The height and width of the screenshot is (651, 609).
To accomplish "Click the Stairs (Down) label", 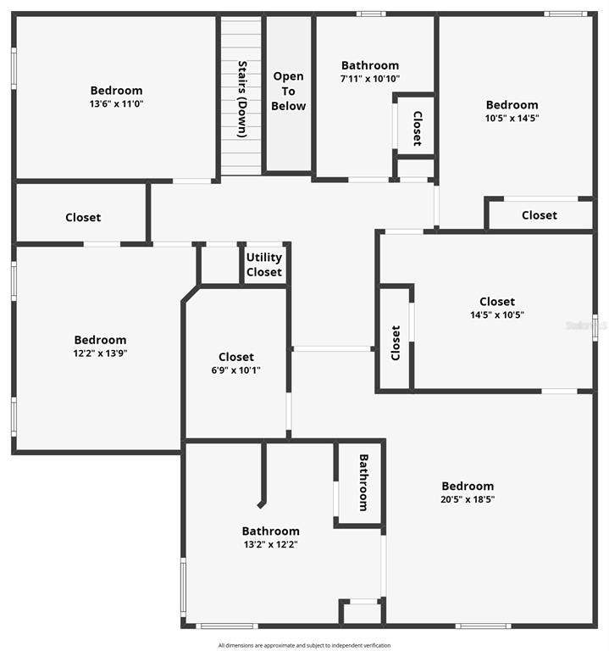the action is click(x=242, y=99).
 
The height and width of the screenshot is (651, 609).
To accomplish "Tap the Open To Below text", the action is click(x=288, y=91).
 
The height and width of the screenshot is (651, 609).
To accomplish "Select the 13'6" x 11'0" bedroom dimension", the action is click(x=117, y=103).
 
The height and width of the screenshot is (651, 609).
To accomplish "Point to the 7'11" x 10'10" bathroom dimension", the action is click(x=370, y=79).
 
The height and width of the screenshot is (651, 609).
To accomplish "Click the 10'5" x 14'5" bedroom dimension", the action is click(x=512, y=118).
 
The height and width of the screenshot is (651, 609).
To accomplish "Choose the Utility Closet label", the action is click(x=264, y=264).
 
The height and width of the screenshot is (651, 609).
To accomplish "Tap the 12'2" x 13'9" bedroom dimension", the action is click(x=101, y=353).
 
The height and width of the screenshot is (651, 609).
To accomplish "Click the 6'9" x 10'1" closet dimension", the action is click(x=236, y=370).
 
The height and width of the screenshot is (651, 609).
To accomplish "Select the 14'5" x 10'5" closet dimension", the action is click(x=497, y=314).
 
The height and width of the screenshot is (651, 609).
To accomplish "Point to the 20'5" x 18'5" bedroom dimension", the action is click(x=468, y=499).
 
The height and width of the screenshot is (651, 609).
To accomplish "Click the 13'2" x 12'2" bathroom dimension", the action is click(x=270, y=544).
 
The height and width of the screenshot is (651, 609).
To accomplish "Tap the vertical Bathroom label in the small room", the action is click(x=363, y=482).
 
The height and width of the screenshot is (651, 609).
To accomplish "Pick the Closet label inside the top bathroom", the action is click(x=418, y=128).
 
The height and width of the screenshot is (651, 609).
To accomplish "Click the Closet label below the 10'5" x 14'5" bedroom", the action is click(x=540, y=215).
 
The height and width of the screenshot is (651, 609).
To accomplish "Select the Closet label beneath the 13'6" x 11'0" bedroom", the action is click(x=83, y=217).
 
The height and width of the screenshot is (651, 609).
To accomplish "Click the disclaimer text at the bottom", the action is click(x=304, y=645).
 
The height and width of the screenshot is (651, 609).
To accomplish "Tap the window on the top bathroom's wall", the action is click(x=371, y=14).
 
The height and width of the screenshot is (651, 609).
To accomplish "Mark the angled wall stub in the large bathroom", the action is click(x=261, y=504).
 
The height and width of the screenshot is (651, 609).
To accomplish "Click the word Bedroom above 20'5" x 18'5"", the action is click(x=468, y=487).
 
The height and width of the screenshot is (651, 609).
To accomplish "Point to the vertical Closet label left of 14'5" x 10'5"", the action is click(x=396, y=342).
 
